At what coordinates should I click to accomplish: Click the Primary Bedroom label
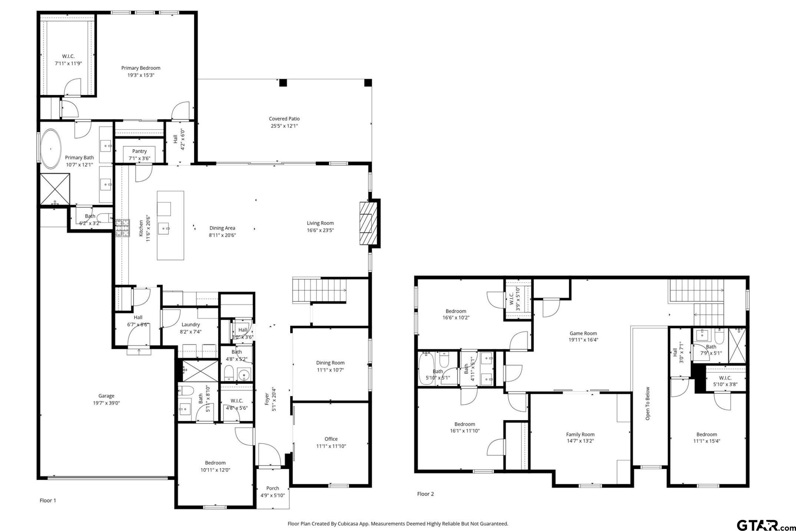[x=141, y=68]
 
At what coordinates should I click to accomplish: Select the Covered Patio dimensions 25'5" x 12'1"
[x=284, y=126]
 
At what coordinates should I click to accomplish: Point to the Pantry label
[x=139, y=151]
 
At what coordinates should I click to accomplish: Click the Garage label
[x=106, y=396]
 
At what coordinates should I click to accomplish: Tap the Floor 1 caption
[x=48, y=501]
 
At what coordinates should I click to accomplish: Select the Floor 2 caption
[x=425, y=494]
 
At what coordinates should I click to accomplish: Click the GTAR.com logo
[x=764, y=525]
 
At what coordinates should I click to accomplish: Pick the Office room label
[x=331, y=439]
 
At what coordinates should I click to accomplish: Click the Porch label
[x=273, y=488]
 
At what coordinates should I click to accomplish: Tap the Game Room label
[x=583, y=333]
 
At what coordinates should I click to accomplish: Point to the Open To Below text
[x=648, y=403]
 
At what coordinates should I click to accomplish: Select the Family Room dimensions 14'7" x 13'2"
[x=580, y=441]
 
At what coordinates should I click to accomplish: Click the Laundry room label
[x=191, y=324]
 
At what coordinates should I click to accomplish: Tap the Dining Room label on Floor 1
[x=330, y=363]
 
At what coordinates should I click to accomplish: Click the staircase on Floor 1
[x=319, y=290]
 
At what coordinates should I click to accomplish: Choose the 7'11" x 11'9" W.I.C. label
[x=68, y=63]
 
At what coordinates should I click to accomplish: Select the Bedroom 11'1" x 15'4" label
[x=707, y=435]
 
